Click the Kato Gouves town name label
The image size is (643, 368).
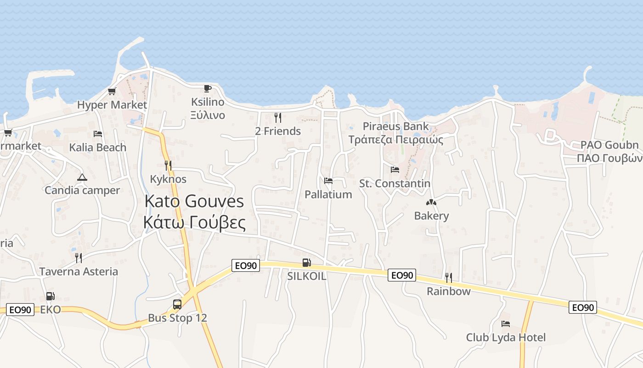click(194, 212)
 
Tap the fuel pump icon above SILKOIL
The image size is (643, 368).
click(306, 263)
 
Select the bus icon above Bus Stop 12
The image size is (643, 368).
click(177, 304)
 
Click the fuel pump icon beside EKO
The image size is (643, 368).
click(50, 296)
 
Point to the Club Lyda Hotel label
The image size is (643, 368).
click(506, 337)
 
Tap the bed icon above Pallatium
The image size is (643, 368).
click(328, 181)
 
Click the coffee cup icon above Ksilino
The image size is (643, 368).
click(208, 88)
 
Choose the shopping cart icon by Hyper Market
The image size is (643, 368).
click(112, 91)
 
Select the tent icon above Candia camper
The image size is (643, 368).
click(82, 177)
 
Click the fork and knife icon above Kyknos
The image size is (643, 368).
click(168, 166)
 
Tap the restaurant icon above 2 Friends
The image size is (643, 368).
click(277, 118)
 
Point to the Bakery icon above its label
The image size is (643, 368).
click(431, 202)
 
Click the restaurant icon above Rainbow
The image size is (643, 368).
click(448, 277)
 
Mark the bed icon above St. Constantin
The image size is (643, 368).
click(395, 170)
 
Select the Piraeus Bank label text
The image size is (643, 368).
click(395, 126)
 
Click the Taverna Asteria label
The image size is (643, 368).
click(79, 271)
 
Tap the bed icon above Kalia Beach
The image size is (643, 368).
click(98, 134)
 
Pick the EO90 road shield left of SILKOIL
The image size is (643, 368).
click(246, 265)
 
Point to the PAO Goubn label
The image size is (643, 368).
click(609, 145)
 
